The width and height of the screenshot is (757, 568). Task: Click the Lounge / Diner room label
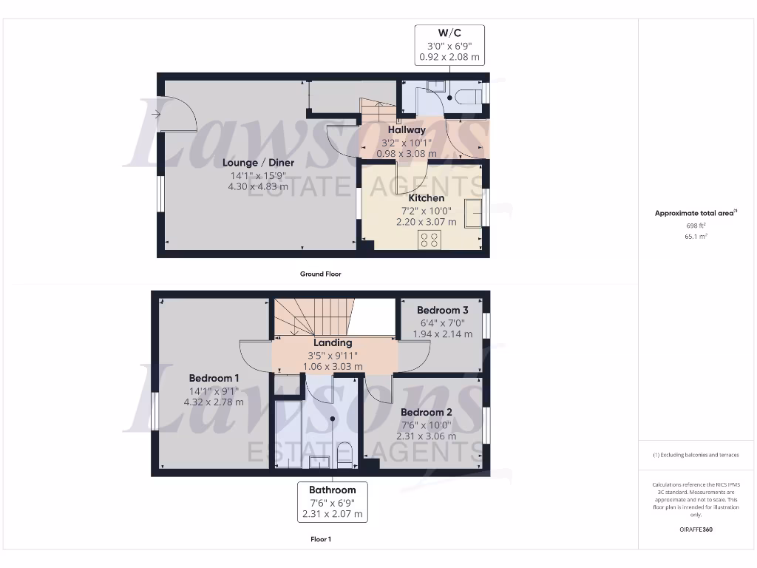(x=259, y=163)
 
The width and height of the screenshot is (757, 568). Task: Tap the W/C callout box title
(x=449, y=33)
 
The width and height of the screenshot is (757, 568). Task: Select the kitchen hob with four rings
(x=430, y=239)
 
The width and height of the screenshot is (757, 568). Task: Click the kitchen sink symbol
(x=473, y=212)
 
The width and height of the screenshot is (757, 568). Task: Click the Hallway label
(x=407, y=130)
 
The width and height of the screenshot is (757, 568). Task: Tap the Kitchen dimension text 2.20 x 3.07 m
(x=427, y=222)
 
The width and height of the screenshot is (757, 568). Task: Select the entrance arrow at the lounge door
(x=155, y=114)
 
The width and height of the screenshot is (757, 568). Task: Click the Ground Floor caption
(x=320, y=274)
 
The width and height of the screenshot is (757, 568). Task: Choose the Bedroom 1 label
(x=214, y=378)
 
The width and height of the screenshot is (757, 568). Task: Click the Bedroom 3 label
(x=442, y=311)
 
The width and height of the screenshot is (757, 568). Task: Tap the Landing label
(x=333, y=343)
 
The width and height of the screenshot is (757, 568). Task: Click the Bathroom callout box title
(x=332, y=490)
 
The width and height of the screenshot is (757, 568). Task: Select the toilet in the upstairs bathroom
(x=344, y=453)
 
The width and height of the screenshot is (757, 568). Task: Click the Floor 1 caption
(x=320, y=539)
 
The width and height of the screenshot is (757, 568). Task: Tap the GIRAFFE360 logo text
(x=696, y=530)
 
